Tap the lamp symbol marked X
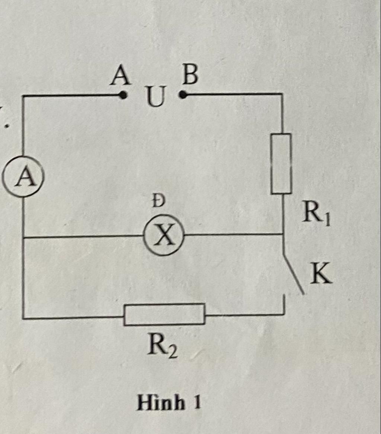(x=164, y=235)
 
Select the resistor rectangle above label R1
(x=281, y=164)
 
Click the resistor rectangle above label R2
(x=164, y=315)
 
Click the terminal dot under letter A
(x=123, y=95)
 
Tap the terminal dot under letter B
(x=182, y=95)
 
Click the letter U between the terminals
(x=155, y=97)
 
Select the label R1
(x=316, y=215)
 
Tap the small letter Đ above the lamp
(x=159, y=201)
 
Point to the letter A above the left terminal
(x=121, y=76)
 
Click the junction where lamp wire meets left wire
(x=23, y=237)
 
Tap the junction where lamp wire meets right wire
(x=282, y=234)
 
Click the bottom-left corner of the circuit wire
(x=23, y=318)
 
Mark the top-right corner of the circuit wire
(x=282, y=94)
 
